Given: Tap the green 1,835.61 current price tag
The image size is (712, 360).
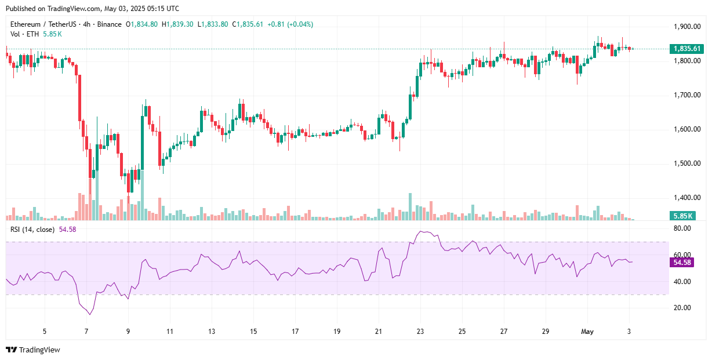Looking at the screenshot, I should (683, 49).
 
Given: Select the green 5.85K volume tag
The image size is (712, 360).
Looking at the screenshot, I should (682, 216).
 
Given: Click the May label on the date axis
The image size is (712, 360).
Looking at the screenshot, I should (588, 332).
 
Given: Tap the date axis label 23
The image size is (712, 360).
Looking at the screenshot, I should (420, 332).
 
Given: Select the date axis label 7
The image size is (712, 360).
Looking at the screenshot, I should (86, 332).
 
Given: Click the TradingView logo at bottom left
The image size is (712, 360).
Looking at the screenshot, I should (33, 350).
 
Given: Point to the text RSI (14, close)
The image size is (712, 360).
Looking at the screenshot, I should (32, 230).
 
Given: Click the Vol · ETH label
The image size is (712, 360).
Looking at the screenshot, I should (24, 34).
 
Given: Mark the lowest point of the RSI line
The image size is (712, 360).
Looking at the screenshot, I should (90, 314).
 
